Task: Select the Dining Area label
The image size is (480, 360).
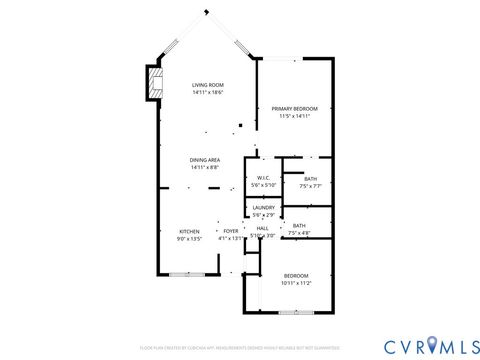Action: click(x=206, y=160)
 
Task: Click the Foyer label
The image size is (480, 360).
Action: click(x=231, y=231)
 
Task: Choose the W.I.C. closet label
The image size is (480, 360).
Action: click(x=263, y=178)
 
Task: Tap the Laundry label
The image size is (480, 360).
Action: click(x=263, y=207)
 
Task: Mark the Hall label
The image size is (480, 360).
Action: click(x=262, y=229)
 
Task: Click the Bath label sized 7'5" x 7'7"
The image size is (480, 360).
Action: click(x=310, y=179)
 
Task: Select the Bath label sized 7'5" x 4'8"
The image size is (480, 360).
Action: click(x=299, y=225)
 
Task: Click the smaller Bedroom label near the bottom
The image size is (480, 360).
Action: click(x=297, y=276)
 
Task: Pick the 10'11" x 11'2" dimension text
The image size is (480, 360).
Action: click(x=297, y=283)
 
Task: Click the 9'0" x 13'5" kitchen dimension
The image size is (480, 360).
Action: click(x=189, y=238)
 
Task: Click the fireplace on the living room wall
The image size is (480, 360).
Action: click(x=153, y=83)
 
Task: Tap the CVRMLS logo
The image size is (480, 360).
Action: click(x=421, y=345)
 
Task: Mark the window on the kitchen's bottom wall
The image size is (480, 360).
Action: click(x=186, y=273)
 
